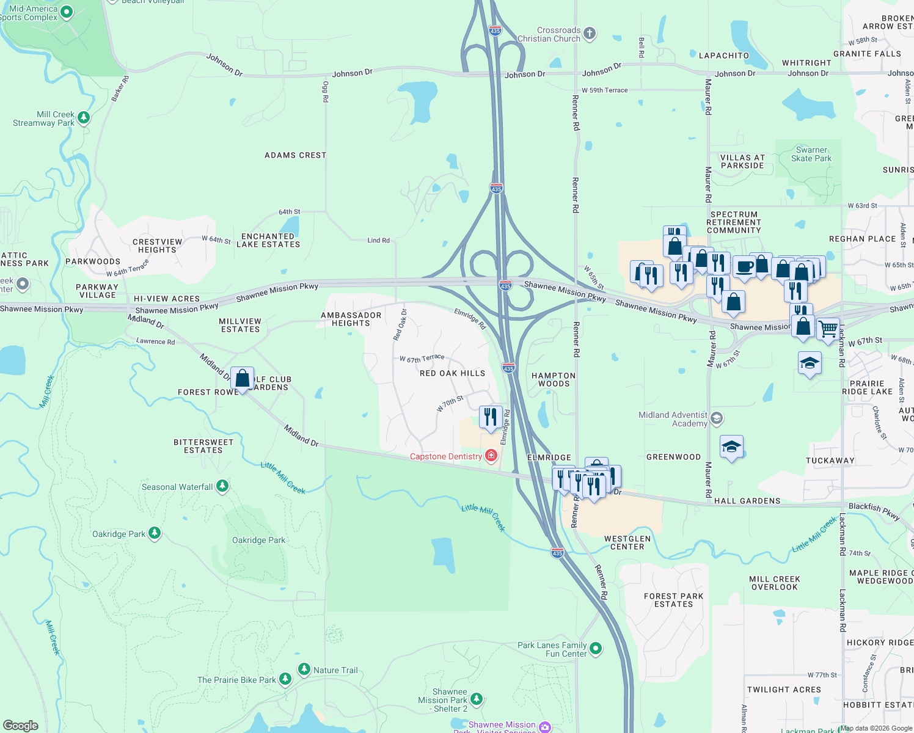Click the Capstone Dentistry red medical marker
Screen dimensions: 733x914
[491, 456]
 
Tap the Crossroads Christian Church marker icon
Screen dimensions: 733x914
[590, 34]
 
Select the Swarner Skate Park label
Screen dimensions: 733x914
[811, 154]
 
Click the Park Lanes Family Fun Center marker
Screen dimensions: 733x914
[596, 647]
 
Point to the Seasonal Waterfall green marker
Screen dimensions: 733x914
[222, 486]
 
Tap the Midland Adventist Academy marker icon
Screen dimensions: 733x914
[717, 418]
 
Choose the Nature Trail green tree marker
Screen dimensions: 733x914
[304, 669]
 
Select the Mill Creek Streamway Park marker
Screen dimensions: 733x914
[84, 117]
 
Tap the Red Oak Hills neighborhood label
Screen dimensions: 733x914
[452, 373]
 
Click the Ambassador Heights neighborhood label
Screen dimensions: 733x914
[351, 319]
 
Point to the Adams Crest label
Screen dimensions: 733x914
[295, 155]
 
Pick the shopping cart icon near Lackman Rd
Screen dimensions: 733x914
[828, 329]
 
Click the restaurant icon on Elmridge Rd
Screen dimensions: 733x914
[491, 417]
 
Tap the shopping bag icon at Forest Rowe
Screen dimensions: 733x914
[243, 378]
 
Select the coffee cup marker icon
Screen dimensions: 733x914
[745, 267]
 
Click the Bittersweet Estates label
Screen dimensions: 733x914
[203, 446]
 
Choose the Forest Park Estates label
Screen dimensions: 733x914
[673, 600]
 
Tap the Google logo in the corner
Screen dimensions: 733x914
[21, 726]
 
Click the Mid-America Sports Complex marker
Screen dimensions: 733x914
[67, 12]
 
